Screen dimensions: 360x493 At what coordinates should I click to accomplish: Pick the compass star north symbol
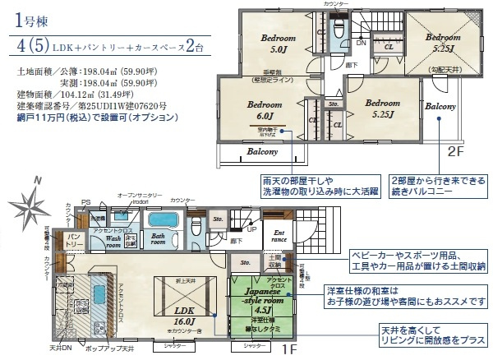point(35,201)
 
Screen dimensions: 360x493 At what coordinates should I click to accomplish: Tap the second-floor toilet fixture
point(338,30)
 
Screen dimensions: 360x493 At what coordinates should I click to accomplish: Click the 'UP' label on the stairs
point(250,228)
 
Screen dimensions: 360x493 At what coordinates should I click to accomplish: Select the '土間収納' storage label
point(276,261)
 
